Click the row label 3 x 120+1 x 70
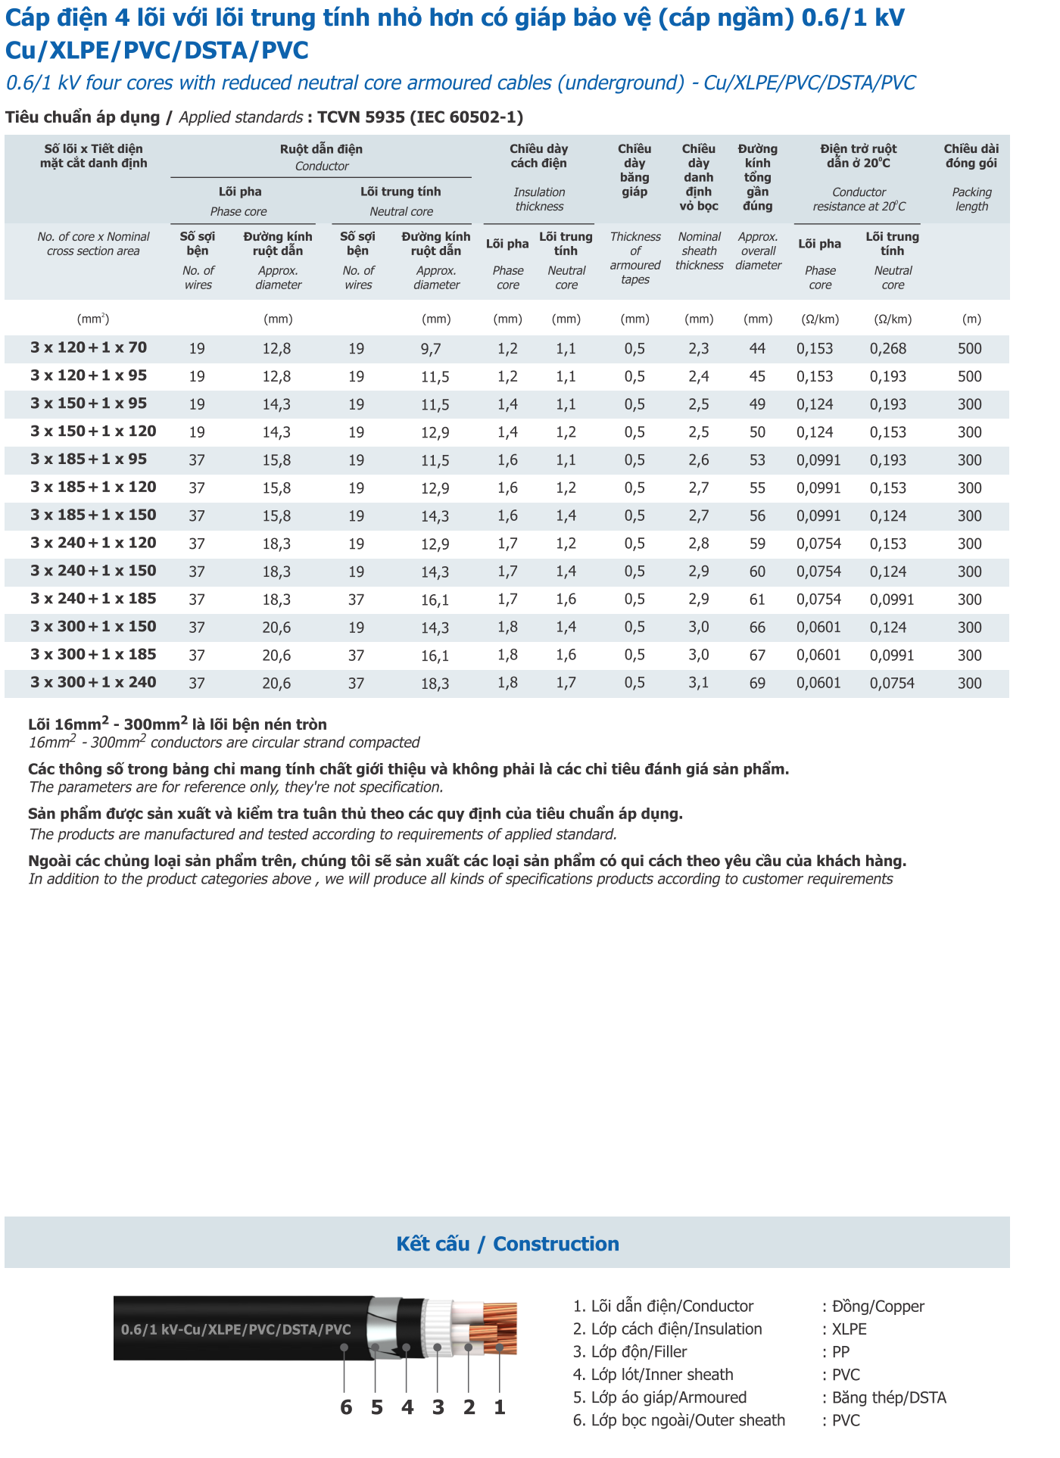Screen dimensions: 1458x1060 (x=89, y=348)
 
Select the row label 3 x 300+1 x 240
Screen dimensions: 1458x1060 (x=93, y=683)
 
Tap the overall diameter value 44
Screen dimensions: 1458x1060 (x=757, y=349)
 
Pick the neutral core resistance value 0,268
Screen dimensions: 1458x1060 (x=887, y=349)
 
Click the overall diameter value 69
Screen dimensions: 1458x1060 (x=757, y=684)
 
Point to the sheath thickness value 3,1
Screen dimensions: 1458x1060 (x=698, y=684)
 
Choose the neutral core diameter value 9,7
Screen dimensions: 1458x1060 (x=431, y=349)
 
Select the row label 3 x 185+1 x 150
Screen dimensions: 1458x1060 (x=93, y=516)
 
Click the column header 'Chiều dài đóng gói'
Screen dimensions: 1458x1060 (x=971, y=156)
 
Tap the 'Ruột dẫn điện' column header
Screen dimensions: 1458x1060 (x=321, y=149)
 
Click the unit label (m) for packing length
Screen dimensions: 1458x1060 (x=971, y=319)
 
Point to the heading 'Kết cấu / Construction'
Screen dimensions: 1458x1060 (x=507, y=1244)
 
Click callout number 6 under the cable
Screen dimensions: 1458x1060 (x=346, y=1407)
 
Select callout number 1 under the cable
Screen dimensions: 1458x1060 (x=500, y=1407)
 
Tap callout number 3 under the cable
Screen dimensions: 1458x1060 (x=438, y=1407)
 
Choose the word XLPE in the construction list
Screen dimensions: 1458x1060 (x=849, y=1329)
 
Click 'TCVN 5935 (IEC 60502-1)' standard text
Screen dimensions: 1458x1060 (x=420, y=117)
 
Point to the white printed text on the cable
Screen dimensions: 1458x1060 (x=236, y=1329)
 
